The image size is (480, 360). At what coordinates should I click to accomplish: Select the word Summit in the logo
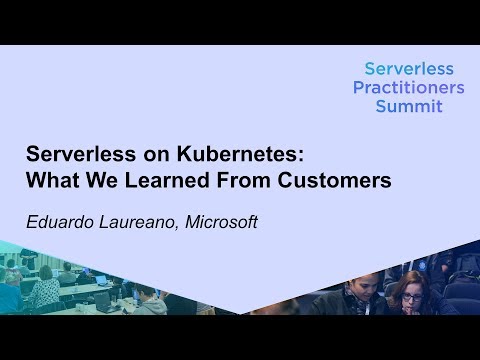[x=408, y=105]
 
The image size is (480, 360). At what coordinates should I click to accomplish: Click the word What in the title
[x=49, y=182]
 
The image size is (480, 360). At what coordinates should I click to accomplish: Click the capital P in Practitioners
[x=359, y=87]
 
